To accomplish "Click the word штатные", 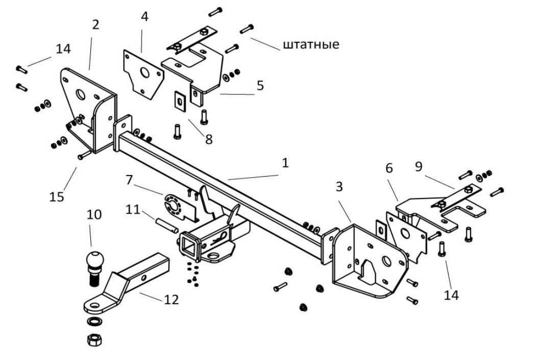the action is pyautogui.click(x=311, y=45).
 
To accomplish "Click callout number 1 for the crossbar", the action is pyautogui.click(x=285, y=163).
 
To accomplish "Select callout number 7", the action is pyautogui.click(x=129, y=180).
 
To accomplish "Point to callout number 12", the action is pyautogui.click(x=171, y=299).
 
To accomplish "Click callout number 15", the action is pyautogui.click(x=57, y=197).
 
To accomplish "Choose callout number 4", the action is pyautogui.click(x=144, y=16).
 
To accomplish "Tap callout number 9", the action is pyautogui.click(x=419, y=166).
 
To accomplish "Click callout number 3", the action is pyautogui.click(x=339, y=186).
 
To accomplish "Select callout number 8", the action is pyautogui.click(x=209, y=139).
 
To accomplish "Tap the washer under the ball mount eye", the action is pyautogui.click(x=94, y=321).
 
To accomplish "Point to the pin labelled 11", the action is pyautogui.click(x=167, y=225).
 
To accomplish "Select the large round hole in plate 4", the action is pyautogui.click(x=144, y=73).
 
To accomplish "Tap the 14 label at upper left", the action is pyautogui.click(x=63, y=49).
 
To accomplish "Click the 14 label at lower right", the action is pyautogui.click(x=451, y=295).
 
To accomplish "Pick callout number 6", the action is pyautogui.click(x=389, y=168).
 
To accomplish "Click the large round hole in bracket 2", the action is pyautogui.click(x=81, y=94).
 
